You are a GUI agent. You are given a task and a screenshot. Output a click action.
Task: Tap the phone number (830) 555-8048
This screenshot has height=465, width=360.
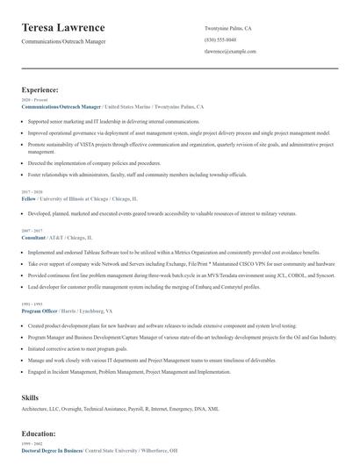point(220,40)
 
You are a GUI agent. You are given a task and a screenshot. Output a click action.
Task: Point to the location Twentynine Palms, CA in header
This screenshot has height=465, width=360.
point(228,28)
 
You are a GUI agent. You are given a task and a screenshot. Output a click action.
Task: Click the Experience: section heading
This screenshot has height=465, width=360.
point(40,89)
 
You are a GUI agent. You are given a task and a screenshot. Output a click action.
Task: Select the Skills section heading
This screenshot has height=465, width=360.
point(30,398)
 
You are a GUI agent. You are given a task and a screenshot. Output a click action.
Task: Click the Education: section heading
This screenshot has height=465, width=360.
point(40,433)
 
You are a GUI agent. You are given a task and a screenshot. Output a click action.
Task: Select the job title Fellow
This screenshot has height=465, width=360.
point(29,198)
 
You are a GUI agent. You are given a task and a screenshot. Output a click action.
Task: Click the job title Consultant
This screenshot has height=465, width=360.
point(33,237)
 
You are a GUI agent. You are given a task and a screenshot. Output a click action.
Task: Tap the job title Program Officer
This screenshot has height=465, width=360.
point(40,311)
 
